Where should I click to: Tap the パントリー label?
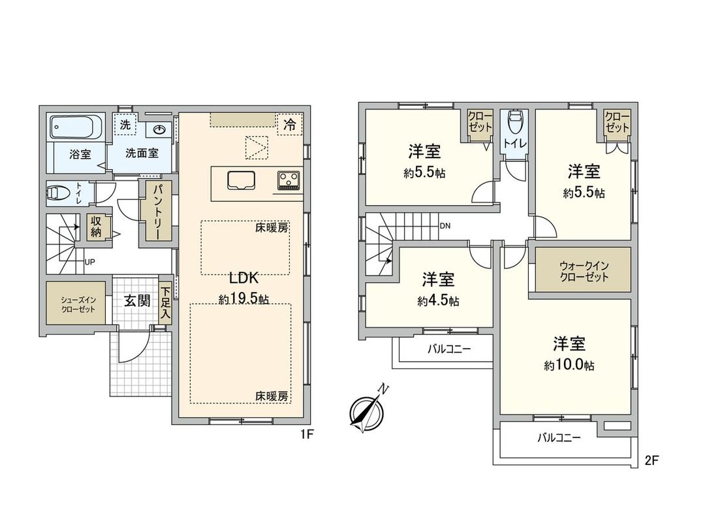[x=158, y=212]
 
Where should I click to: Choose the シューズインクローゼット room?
[x=75, y=304]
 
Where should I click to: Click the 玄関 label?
[x=137, y=301]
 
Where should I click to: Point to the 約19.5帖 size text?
[x=244, y=299]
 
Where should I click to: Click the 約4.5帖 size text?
[x=439, y=301]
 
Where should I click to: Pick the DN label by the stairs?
[x=445, y=226]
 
